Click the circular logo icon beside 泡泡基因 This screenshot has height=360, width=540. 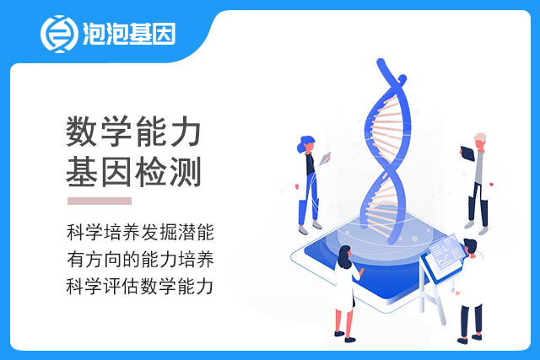click(x=59, y=34)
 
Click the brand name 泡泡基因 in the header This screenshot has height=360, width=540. click(x=129, y=34)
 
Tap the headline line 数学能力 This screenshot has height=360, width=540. click(x=133, y=132)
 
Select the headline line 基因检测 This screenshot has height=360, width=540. click(x=133, y=172)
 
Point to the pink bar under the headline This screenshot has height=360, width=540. click(x=100, y=201)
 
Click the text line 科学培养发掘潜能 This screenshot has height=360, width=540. click(x=140, y=233)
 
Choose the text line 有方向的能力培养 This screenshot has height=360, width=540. click(x=140, y=259)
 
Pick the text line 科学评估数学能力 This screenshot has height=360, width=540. click(x=139, y=287)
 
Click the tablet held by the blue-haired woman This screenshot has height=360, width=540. click(x=325, y=159)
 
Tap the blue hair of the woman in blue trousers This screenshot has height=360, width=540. click(x=305, y=143)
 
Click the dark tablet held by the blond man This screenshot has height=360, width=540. click(x=467, y=153)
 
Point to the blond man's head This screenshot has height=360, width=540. click(x=480, y=141)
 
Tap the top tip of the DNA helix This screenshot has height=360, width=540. click(x=381, y=62)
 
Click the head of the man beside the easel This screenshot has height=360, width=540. click(x=470, y=247)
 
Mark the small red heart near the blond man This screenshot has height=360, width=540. click(x=491, y=185)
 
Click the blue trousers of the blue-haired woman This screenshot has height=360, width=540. click(x=310, y=199)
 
